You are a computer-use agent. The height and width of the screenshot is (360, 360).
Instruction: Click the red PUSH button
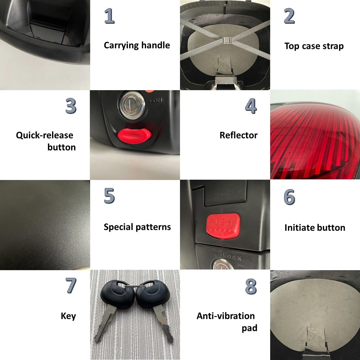point(223,226)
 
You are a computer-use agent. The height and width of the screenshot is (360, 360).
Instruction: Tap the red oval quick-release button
point(135,136)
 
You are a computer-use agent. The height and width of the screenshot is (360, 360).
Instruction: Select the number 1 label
point(110,16)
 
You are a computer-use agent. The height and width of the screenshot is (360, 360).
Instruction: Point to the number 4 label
point(251,106)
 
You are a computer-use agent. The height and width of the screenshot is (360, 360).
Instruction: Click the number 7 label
point(71,285)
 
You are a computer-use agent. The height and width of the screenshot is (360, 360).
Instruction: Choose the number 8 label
point(251,286)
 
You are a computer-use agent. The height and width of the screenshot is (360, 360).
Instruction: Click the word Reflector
point(238,135)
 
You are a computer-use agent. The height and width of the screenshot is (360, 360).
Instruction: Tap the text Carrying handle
point(137,45)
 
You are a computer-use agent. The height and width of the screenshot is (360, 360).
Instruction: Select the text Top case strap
point(314,46)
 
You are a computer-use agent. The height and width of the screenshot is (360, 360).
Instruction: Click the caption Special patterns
point(137,227)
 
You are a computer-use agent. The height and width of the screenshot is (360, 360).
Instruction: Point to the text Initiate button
point(315,228)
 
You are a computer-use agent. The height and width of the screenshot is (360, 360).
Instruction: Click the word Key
point(68,316)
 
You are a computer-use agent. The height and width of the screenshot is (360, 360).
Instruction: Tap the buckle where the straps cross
point(227,41)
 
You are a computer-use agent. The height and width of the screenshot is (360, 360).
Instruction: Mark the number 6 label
point(289,197)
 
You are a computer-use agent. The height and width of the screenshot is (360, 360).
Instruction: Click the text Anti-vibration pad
point(227,322)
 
